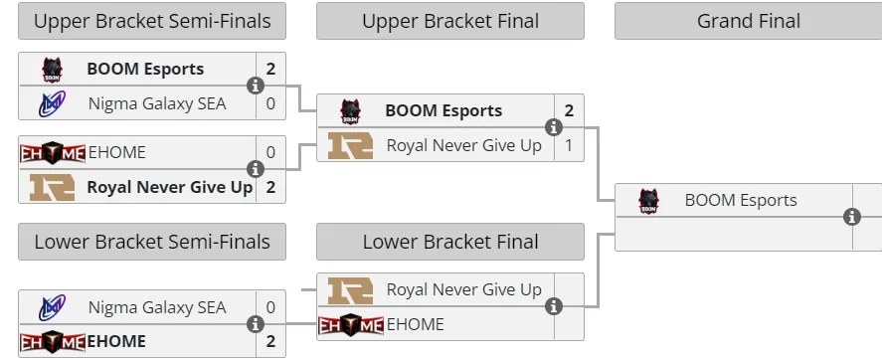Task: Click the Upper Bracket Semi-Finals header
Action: point(152,21)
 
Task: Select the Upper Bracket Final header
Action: point(450,21)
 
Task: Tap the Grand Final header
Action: point(748,21)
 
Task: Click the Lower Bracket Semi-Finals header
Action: point(152,242)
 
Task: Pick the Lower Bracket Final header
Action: point(450,242)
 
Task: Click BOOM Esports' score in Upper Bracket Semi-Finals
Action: point(270,70)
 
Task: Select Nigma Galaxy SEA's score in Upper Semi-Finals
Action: point(270,104)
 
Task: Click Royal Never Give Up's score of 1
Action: point(569,145)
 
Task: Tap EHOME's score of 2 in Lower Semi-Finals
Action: point(270,341)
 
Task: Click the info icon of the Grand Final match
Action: point(852,217)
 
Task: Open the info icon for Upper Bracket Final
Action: point(554,127)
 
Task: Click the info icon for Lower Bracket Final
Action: point(554,306)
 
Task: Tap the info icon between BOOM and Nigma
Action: point(256,86)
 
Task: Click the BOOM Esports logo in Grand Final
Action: point(648,201)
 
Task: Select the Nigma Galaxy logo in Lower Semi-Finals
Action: point(52,307)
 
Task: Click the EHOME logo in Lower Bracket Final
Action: point(351,324)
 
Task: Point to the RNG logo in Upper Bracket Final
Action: point(350,145)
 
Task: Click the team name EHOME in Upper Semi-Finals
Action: point(117,152)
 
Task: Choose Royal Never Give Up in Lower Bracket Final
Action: point(464,289)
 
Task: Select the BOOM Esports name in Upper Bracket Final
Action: point(443,110)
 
